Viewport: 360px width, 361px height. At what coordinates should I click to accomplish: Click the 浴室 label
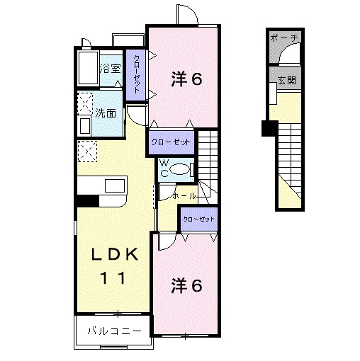pyautogui.click(x=110, y=69)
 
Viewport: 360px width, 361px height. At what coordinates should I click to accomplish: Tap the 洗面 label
pyautogui.click(x=106, y=113)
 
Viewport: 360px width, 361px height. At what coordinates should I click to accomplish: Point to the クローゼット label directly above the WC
pyautogui.click(x=171, y=142)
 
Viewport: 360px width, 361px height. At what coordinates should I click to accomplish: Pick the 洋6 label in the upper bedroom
pyautogui.click(x=187, y=79)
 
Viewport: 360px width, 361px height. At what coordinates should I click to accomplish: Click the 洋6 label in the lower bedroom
pyautogui.click(x=187, y=285)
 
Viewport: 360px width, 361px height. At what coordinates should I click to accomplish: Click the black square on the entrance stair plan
pyautogui.click(x=269, y=128)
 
